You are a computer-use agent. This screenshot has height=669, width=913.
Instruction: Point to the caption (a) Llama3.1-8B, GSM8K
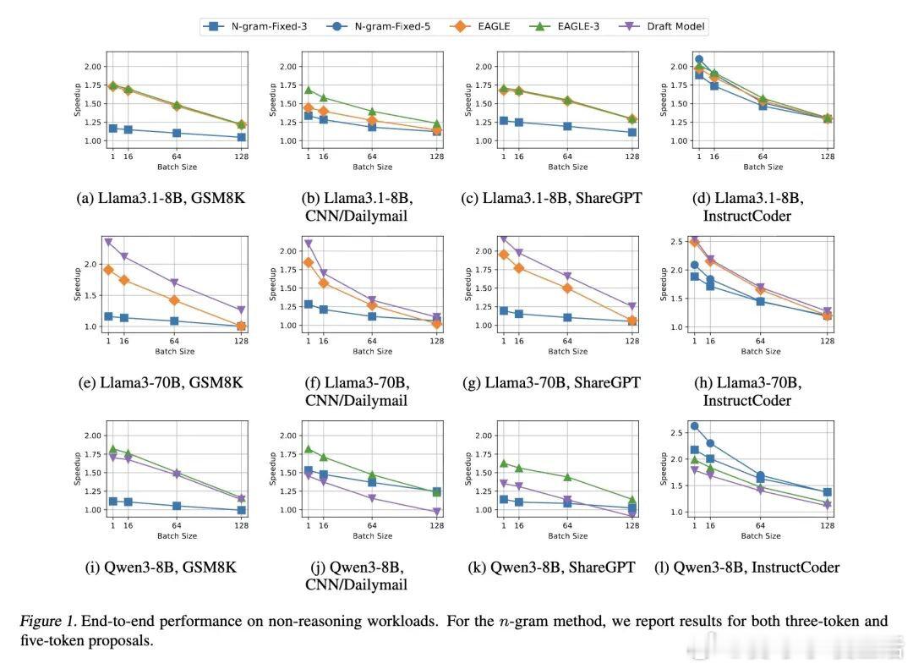coord(156,198)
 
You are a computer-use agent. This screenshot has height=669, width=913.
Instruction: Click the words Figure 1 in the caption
coord(47,622)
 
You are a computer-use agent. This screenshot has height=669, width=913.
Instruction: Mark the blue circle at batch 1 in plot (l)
coord(695,426)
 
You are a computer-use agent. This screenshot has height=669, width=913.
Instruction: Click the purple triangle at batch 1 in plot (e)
coord(108,242)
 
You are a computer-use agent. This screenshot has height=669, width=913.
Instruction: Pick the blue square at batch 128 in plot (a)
coord(242,137)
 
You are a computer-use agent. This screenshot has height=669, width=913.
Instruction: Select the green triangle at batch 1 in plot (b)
coord(309,90)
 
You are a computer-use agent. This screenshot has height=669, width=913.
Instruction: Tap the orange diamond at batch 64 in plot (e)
coord(174,300)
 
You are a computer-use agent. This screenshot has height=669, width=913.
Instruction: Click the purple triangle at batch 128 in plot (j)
coord(437,512)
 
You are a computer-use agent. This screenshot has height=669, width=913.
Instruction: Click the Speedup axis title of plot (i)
coord(77,468)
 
